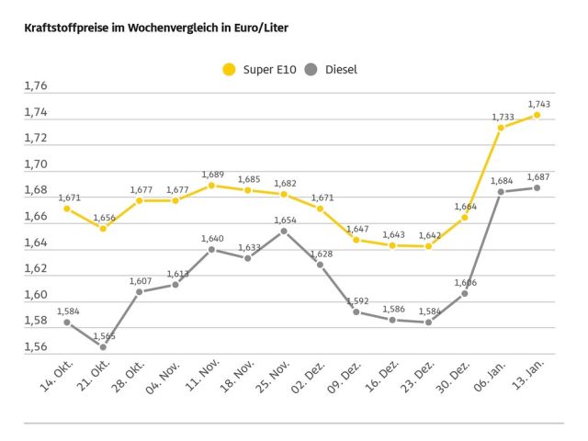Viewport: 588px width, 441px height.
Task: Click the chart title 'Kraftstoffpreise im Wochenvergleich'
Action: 156,28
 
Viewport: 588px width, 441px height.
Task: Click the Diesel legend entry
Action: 331,69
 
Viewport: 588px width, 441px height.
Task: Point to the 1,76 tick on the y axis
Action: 36,86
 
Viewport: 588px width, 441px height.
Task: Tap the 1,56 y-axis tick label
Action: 36,346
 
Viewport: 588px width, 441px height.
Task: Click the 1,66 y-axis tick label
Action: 36,217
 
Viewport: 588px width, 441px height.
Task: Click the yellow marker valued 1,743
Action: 537,115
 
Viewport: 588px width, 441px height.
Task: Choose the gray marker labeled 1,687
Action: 537,187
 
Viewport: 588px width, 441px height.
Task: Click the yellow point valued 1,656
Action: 103,228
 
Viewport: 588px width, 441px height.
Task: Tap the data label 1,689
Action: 211,175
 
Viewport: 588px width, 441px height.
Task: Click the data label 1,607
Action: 140,280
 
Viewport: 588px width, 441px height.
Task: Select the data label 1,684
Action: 501,180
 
